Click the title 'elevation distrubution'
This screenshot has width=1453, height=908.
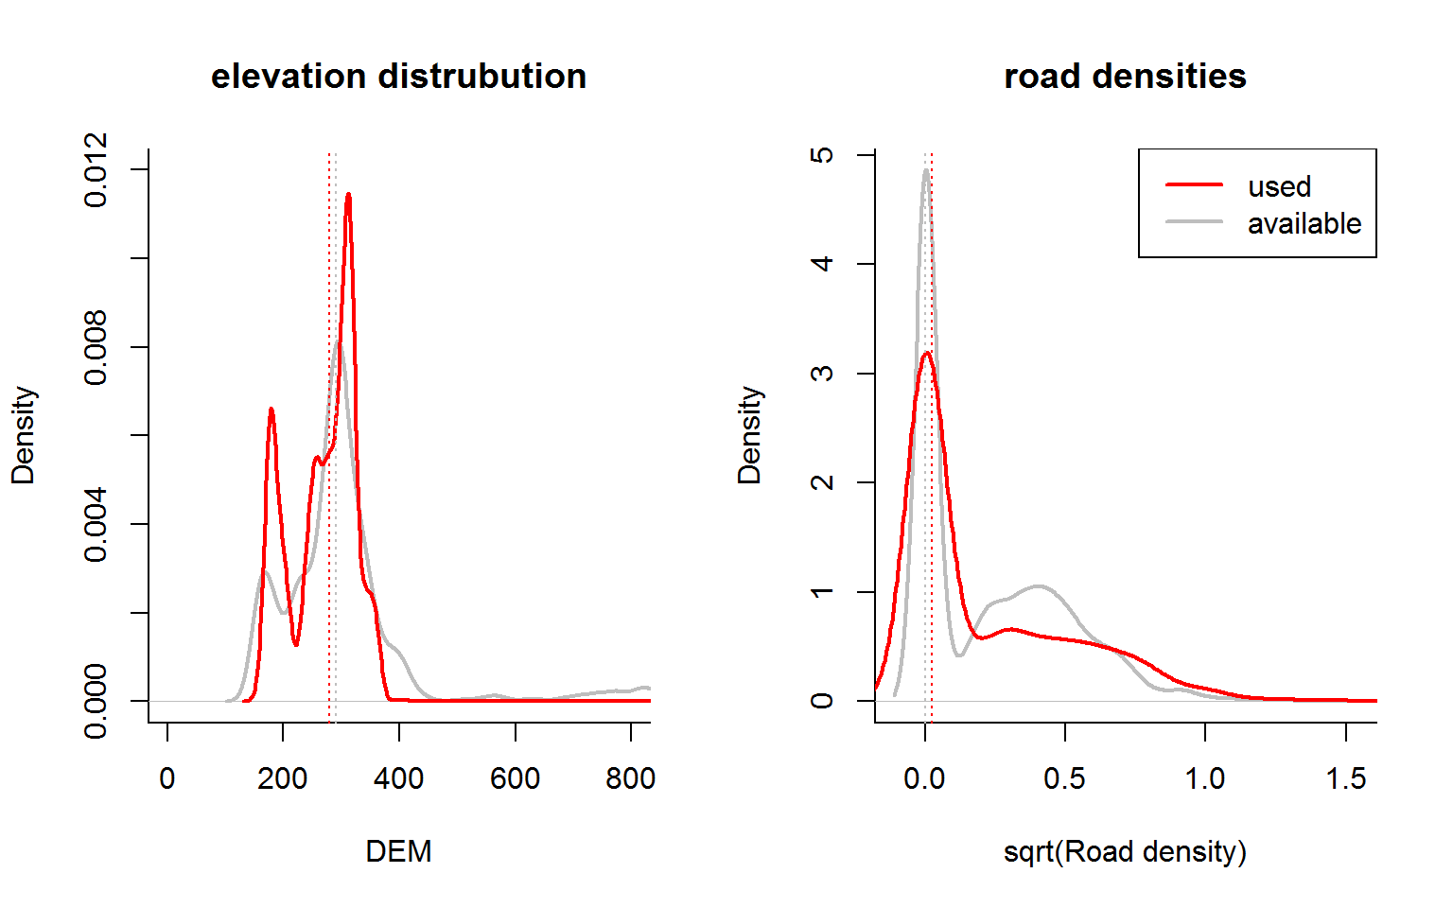coord(398,77)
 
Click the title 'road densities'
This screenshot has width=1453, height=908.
coord(1125,77)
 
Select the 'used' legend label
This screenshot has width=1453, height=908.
coord(1279,186)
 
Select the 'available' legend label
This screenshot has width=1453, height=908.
coord(1304,223)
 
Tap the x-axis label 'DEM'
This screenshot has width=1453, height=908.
coord(398,851)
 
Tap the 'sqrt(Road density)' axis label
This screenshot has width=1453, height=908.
coord(1125,851)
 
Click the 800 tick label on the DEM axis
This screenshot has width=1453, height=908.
coord(630,778)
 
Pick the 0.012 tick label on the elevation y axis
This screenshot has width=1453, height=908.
coord(96,169)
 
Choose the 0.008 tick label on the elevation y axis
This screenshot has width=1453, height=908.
coord(96,347)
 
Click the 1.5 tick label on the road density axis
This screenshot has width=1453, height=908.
coord(1345,778)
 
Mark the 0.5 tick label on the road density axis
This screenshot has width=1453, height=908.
coord(1064,778)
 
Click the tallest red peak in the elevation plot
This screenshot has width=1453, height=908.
coord(348,195)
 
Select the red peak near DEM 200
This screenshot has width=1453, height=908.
coord(271,409)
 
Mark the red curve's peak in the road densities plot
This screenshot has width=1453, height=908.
coord(927,353)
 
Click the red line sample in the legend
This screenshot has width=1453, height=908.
coord(1194,185)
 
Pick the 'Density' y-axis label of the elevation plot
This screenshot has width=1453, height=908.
coord(23,435)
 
